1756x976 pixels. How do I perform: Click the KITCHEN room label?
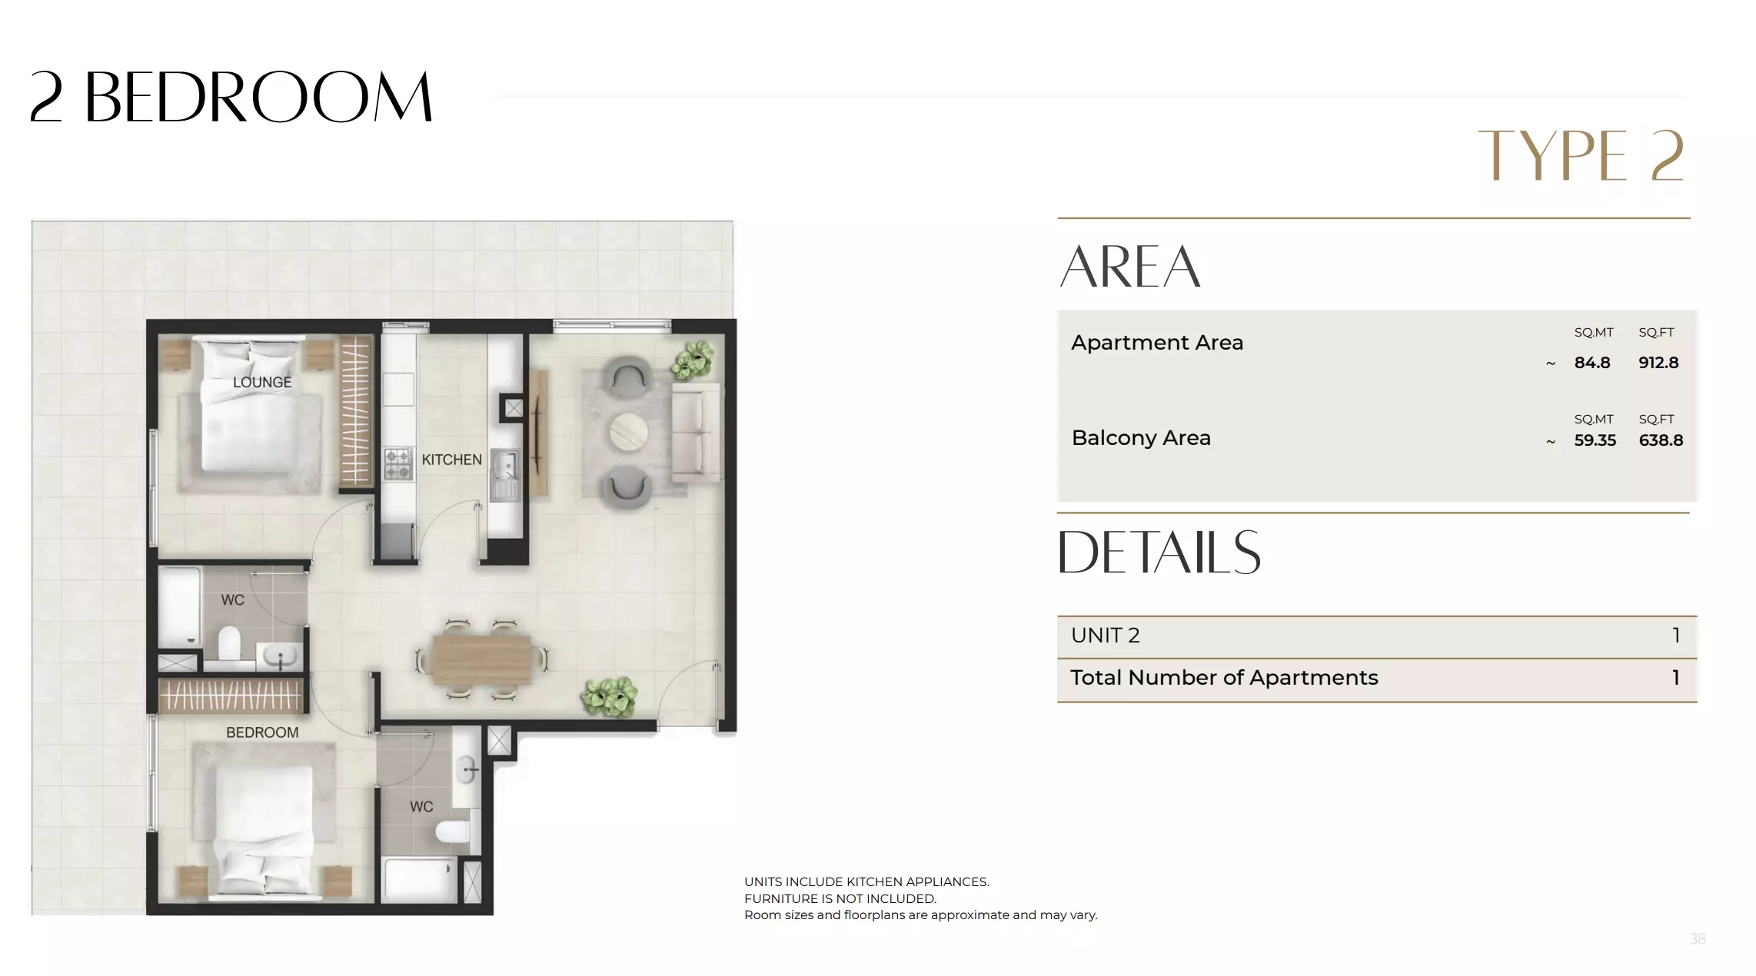451,460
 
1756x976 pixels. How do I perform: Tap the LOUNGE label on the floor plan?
262,382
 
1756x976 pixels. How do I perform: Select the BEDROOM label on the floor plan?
262,732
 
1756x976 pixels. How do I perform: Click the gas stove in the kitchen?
397,464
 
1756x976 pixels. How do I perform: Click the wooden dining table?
481,659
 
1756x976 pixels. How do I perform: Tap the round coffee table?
629,433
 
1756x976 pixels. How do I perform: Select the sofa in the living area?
697,432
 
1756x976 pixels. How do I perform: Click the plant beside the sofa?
693,360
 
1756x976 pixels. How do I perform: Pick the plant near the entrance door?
610,696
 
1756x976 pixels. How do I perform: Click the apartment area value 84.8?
1591,363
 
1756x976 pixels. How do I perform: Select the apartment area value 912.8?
1658,363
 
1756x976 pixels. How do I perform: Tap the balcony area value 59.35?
1595,440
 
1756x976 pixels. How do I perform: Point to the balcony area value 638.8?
1661,440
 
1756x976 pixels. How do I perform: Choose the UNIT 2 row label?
1105,636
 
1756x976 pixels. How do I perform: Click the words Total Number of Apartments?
1224,678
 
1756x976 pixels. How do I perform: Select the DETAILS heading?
1159,553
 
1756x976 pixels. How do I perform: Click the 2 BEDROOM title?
231,98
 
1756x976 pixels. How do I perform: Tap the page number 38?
1697,939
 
